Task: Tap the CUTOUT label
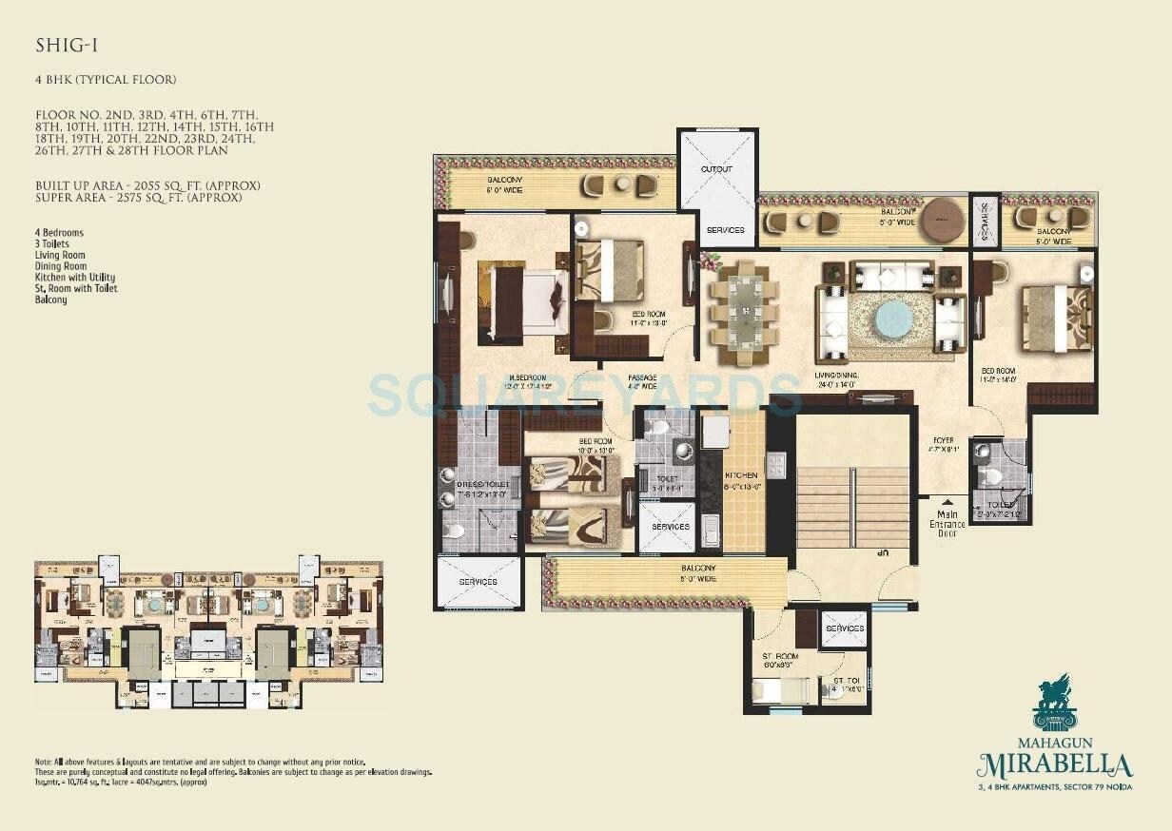click(x=717, y=169)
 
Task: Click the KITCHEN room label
click(x=741, y=475)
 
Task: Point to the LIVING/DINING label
click(x=836, y=377)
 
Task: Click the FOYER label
click(x=943, y=441)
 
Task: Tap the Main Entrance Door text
click(x=947, y=524)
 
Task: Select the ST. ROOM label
click(x=779, y=656)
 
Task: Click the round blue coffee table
click(x=893, y=319)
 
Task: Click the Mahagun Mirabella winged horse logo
click(x=1054, y=702)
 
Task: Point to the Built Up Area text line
click(x=147, y=185)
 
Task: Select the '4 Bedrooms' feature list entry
click(x=59, y=233)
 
